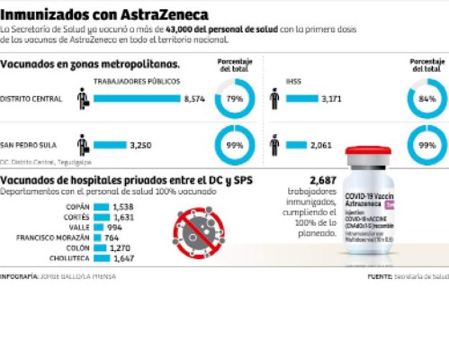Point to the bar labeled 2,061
click(x=298, y=144)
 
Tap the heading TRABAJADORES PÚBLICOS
click(x=136, y=82)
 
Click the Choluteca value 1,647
click(x=123, y=257)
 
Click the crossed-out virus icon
click(x=202, y=227)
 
